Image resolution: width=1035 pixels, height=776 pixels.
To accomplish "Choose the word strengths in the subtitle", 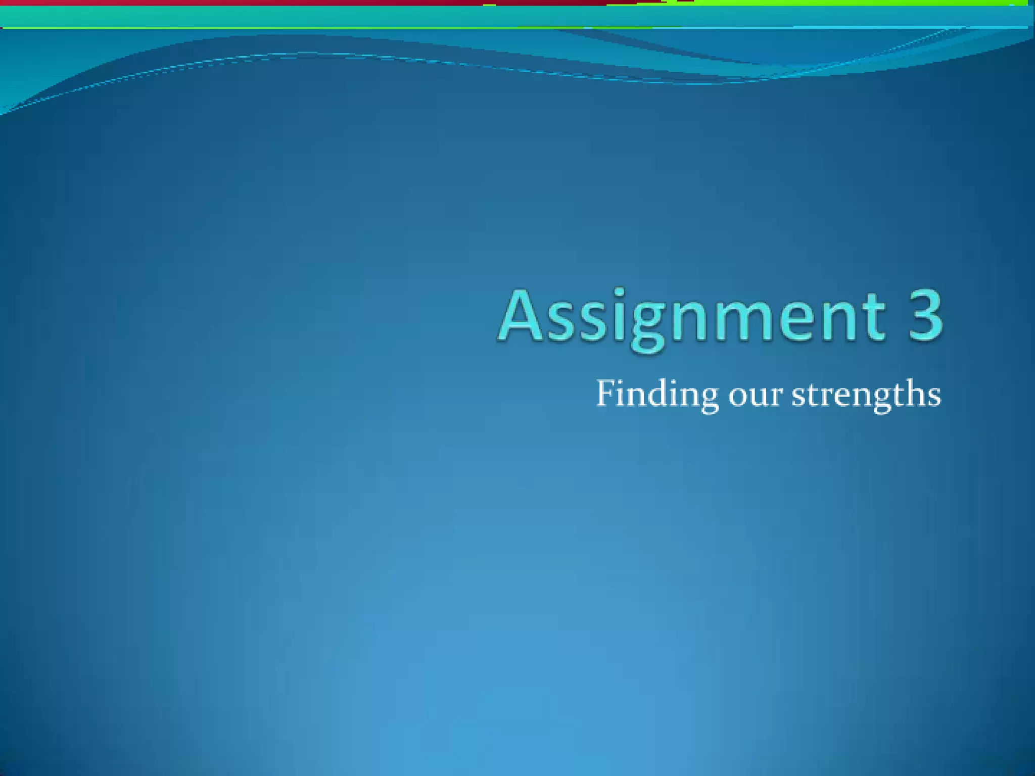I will [x=866, y=395].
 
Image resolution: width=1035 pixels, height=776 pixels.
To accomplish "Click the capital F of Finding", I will [x=606, y=393].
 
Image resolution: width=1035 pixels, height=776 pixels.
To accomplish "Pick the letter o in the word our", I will [x=738, y=397].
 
